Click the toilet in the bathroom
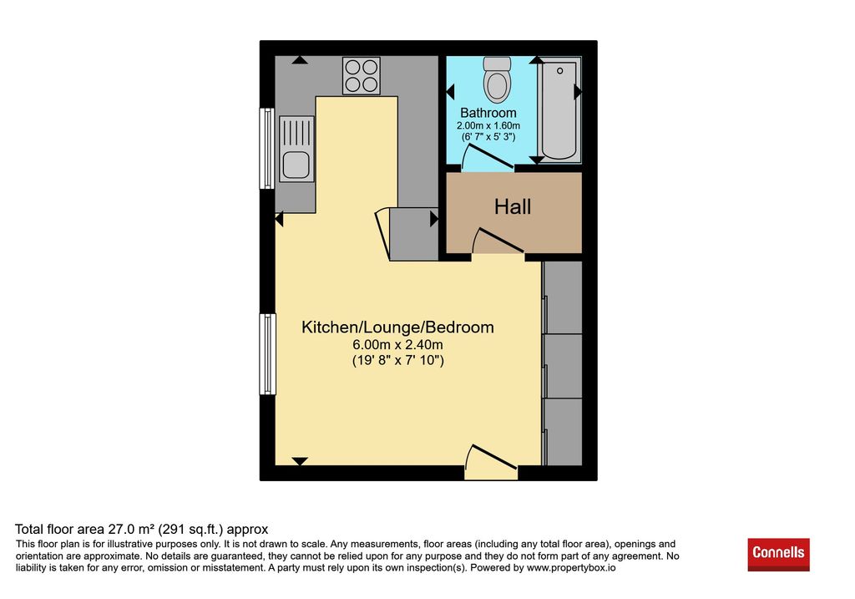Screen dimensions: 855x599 497,80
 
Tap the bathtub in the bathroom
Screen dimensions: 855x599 559,111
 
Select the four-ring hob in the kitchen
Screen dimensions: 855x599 361,76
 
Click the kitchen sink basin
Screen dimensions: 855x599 296,165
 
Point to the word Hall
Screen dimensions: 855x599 513,206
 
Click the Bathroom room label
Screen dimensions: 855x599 488,113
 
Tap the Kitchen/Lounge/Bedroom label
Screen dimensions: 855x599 397,327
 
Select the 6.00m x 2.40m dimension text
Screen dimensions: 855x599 397,345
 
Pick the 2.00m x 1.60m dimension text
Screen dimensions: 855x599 488,125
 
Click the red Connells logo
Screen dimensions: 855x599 778,554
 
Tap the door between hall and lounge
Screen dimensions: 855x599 498,241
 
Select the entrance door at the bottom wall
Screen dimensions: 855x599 491,463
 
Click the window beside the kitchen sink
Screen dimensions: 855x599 266,149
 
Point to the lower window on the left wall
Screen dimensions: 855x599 267,353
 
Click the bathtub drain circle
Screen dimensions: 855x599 559,71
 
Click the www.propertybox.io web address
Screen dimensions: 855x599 571,567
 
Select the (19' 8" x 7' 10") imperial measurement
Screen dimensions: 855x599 398,360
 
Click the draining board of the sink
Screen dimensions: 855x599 296,133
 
